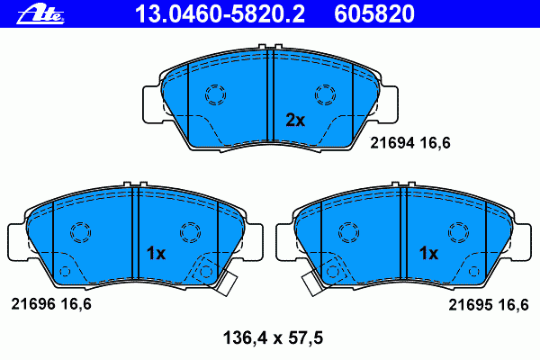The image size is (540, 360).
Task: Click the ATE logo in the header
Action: pos(40,14)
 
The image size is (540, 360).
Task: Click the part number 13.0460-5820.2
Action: pos(220,13)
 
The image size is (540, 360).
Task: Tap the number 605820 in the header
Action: pos(374,13)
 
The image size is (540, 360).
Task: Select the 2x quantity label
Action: pos(295,121)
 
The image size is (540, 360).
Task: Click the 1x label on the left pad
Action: pos(156,254)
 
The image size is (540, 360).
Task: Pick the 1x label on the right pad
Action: pos(428,254)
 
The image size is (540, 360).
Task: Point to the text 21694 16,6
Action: pos(410,142)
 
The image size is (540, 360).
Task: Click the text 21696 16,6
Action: pos(51,304)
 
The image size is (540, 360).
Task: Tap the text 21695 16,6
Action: pos(489,305)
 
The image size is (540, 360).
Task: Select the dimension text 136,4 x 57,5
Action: pos(273,338)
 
